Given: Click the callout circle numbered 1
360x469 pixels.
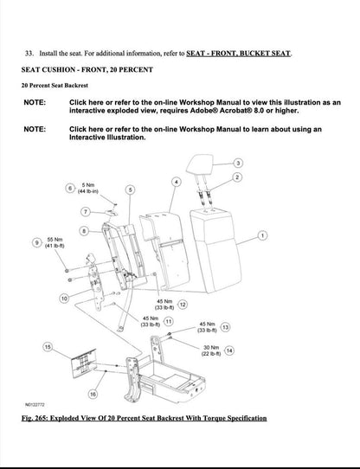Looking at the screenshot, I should (262, 234).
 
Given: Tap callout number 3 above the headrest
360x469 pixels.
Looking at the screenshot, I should (239, 162).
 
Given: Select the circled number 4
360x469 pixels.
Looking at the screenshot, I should (177, 182).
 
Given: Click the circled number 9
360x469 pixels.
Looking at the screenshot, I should (36, 244).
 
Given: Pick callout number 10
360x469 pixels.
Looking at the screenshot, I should (64, 298).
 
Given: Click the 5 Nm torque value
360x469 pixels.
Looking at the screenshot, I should (87, 185).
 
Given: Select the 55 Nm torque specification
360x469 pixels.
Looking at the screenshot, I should (55, 239).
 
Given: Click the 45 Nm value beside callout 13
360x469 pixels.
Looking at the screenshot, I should (208, 324).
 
